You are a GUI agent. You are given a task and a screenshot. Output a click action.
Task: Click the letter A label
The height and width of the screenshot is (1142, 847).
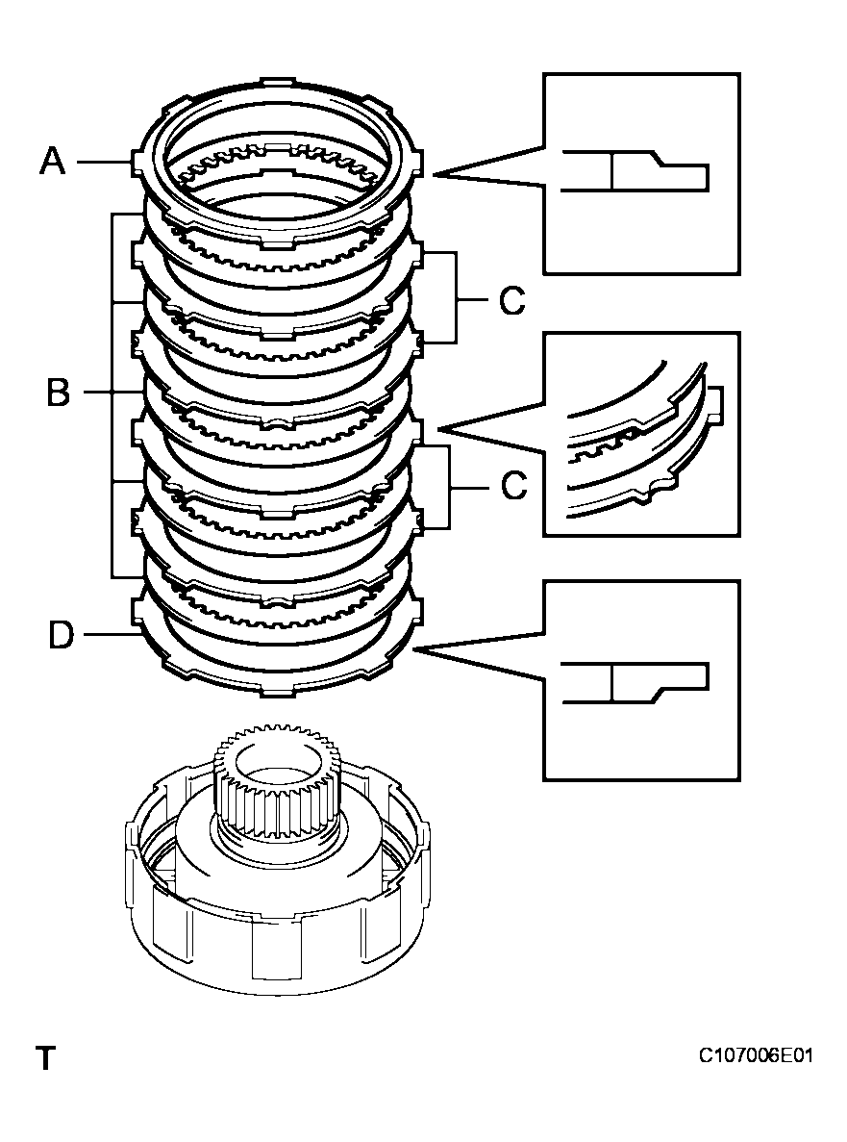click(x=52, y=161)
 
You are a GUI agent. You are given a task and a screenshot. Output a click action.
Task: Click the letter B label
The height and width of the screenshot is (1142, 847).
click(x=58, y=393)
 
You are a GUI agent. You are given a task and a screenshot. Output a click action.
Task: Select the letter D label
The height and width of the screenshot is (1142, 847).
click(x=60, y=635)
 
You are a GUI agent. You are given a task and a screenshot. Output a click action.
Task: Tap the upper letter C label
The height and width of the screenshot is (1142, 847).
click(x=511, y=301)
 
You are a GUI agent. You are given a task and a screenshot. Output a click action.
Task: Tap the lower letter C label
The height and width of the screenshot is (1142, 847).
click(x=513, y=487)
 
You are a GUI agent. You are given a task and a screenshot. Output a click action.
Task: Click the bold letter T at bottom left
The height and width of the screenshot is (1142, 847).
click(x=45, y=1059)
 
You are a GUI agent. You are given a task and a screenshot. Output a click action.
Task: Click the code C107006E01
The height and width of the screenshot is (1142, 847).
click(x=756, y=1056)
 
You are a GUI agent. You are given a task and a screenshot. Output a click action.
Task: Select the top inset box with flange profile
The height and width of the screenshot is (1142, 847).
click(x=641, y=174)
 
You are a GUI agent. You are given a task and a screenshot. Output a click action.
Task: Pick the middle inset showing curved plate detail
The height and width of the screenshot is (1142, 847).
click(x=641, y=434)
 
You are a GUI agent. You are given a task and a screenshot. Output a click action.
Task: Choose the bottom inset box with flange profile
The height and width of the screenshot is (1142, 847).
click(x=641, y=680)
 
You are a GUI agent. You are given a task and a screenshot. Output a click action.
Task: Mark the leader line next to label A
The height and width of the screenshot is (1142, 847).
click(x=101, y=163)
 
